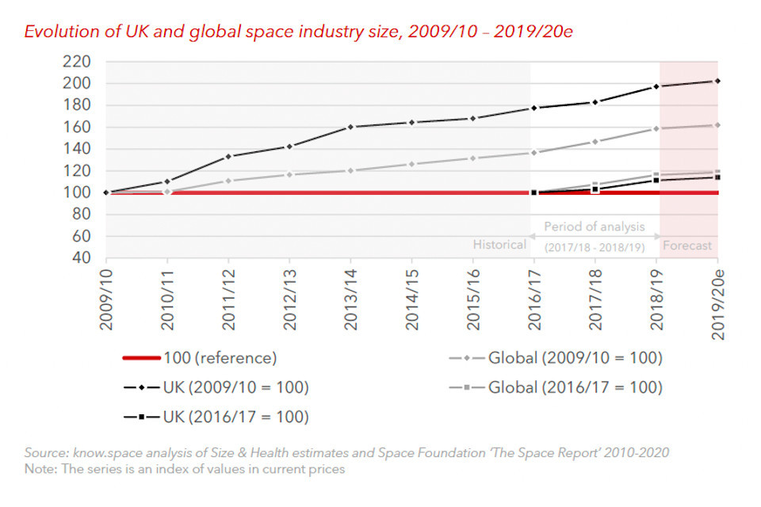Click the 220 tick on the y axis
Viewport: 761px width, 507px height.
click(81, 61)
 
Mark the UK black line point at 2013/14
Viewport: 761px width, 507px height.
click(350, 127)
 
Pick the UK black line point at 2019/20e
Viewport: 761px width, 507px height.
click(717, 81)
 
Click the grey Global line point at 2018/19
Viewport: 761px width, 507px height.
click(656, 128)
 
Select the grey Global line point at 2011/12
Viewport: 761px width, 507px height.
click(228, 181)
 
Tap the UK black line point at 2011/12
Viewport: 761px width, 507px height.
click(228, 156)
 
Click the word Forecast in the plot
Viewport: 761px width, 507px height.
click(687, 246)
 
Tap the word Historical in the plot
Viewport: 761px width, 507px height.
click(499, 245)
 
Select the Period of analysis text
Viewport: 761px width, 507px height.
click(595, 227)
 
